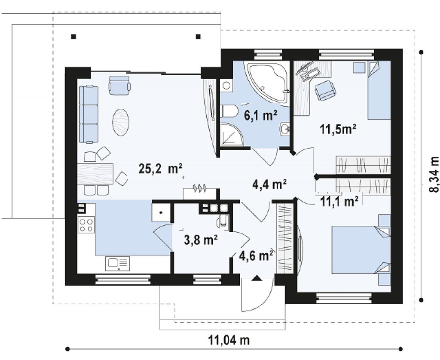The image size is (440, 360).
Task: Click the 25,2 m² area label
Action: [x=161, y=169]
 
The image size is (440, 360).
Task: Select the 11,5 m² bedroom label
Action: [x=338, y=129]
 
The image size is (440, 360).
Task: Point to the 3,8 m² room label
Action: [x=201, y=240]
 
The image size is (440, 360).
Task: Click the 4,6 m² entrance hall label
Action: [x=256, y=256]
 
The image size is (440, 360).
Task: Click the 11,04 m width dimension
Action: [x=229, y=340]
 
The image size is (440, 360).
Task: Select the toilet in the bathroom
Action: [x=229, y=111]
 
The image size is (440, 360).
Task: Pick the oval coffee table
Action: [x=121, y=123]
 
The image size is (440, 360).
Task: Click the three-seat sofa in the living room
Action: [x=89, y=114]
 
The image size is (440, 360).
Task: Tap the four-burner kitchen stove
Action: [x=86, y=225]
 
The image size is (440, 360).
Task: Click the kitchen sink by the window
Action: [x=118, y=264]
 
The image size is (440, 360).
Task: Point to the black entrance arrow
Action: [x=257, y=278]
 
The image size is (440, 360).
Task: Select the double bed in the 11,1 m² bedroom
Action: [x=361, y=249]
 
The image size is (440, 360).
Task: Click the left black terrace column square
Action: [x=73, y=37]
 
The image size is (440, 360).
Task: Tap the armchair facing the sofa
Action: [x=119, y=85]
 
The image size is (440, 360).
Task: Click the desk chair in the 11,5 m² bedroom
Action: [x=325, y=90]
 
